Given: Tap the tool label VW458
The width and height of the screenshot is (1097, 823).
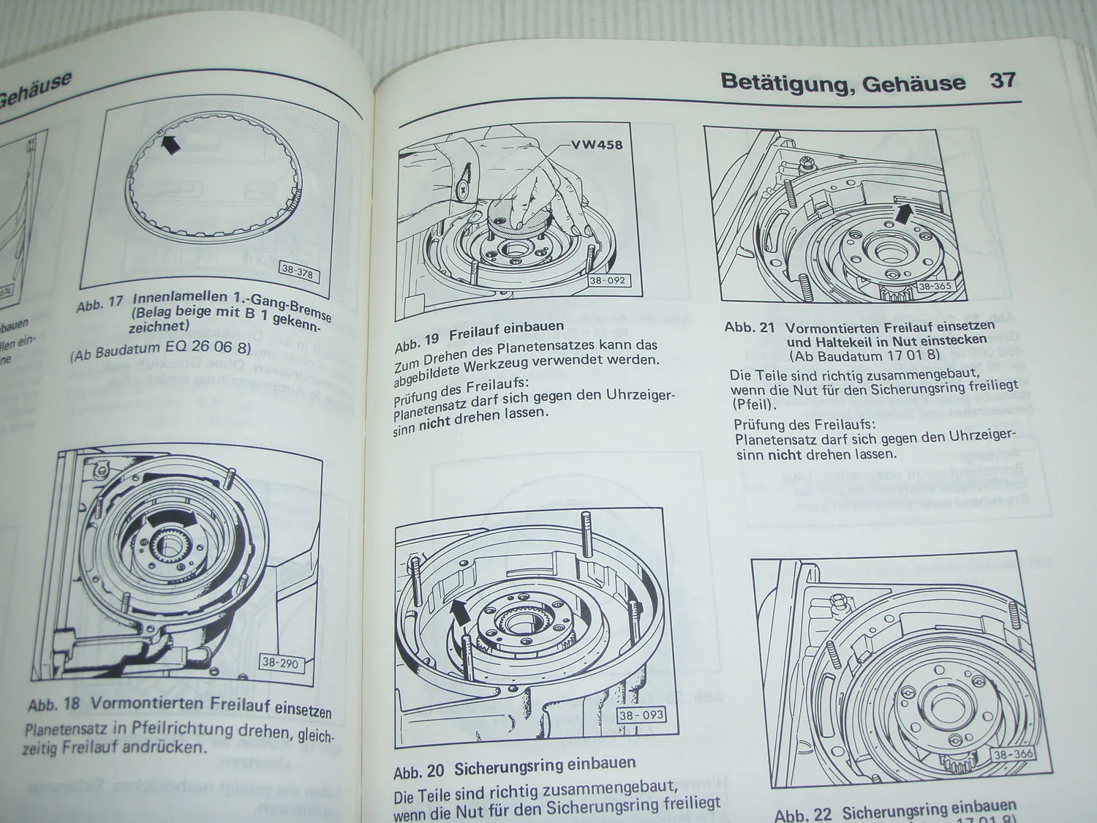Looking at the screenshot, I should pos(597,144).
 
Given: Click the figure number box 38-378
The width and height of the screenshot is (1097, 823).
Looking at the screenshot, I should pos(297,270).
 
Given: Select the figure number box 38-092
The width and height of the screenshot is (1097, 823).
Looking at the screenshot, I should pos(607,281).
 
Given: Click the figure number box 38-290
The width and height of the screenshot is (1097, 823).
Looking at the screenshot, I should pos(279,664).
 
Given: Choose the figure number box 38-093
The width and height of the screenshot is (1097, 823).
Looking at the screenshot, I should pos(641,715).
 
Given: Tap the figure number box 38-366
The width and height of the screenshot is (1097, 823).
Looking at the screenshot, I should pos(1013,755).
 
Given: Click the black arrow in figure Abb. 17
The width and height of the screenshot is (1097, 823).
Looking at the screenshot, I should pos(171,144).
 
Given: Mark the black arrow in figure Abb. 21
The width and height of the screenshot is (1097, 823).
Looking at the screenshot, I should pos(905,214).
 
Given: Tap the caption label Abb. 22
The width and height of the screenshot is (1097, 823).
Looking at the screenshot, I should pos(804,813).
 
